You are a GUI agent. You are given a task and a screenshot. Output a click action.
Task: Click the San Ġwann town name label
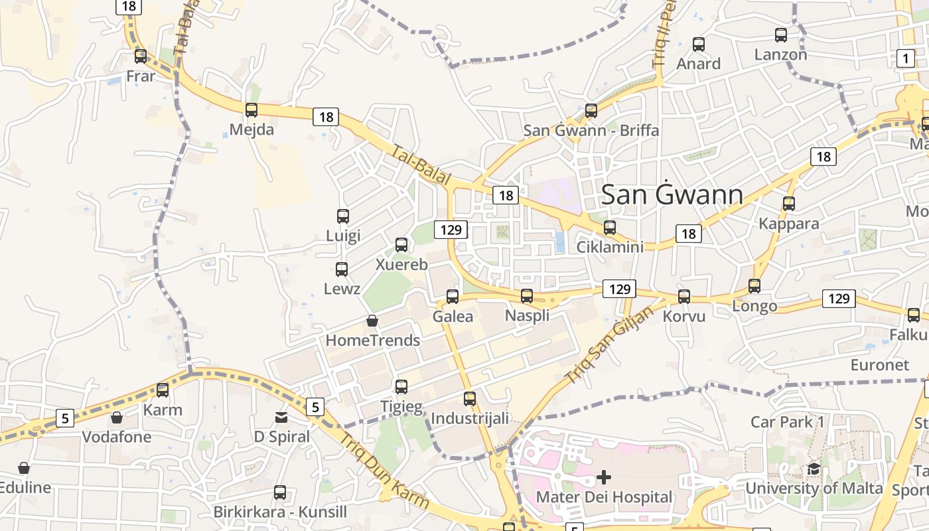672,194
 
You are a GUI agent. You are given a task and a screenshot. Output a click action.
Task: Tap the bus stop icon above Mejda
251,110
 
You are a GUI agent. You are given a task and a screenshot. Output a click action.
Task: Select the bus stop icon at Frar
141,56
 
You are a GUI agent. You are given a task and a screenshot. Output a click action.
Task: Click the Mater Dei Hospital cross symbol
604,477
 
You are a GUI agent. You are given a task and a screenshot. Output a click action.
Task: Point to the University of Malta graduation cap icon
814,469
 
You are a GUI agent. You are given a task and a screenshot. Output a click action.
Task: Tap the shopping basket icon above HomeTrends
372,321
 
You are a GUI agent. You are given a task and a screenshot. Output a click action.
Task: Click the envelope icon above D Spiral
281,417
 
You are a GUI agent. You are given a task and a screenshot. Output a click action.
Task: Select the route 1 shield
906,58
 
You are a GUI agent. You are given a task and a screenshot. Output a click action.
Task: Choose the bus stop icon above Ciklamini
610,228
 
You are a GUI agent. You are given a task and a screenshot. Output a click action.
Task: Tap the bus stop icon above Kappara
789,204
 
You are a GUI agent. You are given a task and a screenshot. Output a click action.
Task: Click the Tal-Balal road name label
421,166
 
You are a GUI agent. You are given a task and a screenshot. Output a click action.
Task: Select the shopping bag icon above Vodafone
117,417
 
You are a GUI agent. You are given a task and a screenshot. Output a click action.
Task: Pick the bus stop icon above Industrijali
470,399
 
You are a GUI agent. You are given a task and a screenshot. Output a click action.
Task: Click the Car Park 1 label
787,421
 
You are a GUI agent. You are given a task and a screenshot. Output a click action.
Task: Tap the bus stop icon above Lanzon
781,35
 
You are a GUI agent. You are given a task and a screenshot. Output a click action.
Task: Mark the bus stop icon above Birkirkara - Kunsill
280,493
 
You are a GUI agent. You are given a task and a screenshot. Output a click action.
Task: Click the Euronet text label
880,365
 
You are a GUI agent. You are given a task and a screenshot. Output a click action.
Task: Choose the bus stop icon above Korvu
684,297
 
